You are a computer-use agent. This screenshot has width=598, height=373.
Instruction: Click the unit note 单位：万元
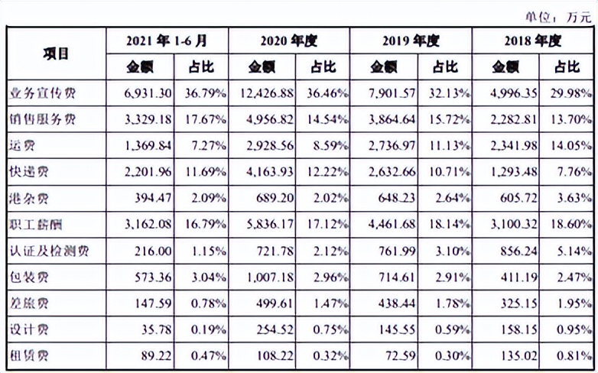(558, 15)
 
